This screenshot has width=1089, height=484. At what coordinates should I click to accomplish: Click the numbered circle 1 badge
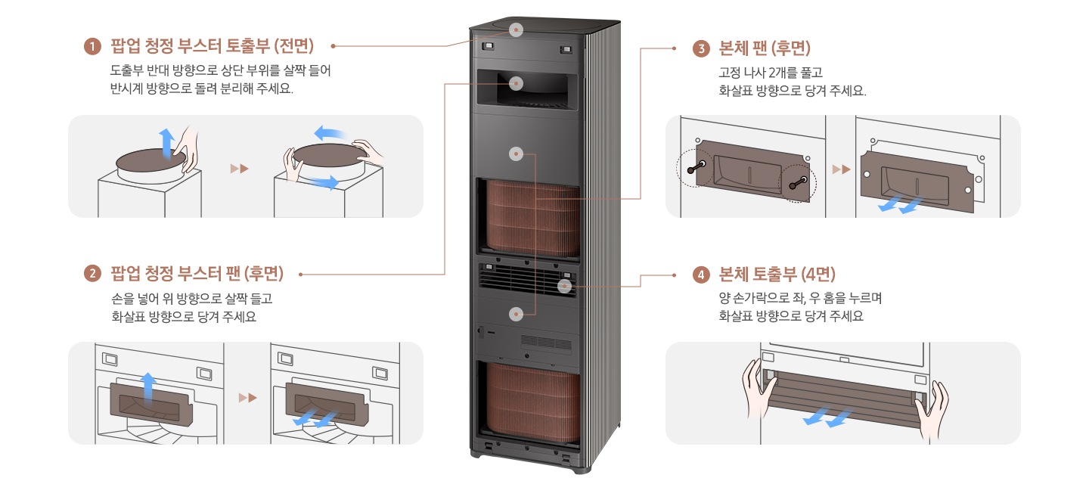[x=92, y=47]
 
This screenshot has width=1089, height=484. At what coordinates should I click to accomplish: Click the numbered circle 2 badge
[x=92, y=273]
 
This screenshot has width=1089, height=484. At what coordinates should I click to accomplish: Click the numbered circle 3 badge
[x=701, y=49]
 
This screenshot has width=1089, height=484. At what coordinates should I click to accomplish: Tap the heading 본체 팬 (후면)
[x=765, y=49]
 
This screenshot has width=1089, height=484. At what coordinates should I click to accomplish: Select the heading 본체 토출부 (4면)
[x=777, y=274]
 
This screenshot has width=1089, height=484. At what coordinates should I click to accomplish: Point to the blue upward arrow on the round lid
[x=166, y=142]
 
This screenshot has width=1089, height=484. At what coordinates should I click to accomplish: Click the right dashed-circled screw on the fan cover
[x=798, y=181]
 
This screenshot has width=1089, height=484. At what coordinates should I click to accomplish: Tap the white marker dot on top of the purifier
[x=517, y=30]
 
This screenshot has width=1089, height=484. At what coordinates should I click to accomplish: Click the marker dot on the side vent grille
[x=564, y=286]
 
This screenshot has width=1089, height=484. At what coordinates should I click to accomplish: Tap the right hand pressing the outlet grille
[x=932, y=408]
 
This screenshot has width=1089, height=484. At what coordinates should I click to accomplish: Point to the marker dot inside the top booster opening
[x=517, y=83]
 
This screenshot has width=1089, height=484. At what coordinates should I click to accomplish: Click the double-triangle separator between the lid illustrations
[x=239, y=168]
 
